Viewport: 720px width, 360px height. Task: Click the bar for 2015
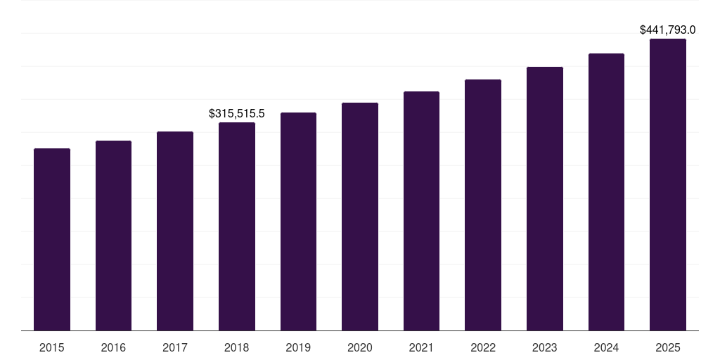[x=52, y=239]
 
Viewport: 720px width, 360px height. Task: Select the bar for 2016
[x=113, y=236]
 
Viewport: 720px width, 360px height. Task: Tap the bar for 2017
[x=175, y=231]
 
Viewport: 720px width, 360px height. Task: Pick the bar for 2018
[x=237, y=226]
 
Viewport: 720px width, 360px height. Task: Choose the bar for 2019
[x=298, y=221]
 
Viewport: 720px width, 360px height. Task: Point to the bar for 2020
[x=360, y=217]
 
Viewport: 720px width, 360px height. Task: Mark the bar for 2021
[x=421, y=211]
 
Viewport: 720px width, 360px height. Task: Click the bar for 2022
[x=483, y=205]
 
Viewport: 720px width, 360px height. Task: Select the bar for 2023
[x=545, y=198]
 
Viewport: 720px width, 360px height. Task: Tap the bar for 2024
[x=606, y=192]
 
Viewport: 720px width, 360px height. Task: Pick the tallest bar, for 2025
[x=668, y=184]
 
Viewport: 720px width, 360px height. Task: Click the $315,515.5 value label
[x=237, y=113]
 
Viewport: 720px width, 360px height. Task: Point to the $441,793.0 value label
[x=667, y=30]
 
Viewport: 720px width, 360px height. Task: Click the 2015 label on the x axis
[x=52, y=347]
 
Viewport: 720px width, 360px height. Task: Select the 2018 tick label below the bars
[x=237, y=347]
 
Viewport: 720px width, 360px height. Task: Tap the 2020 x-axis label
[x=360, y=347]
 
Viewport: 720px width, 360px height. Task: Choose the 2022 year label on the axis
[x=483, y=347]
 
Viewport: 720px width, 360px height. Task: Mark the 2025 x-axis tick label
[x=668, y=347]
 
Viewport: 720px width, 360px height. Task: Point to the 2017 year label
[x=175, y=347]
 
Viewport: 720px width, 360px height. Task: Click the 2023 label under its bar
[x=545, y=347]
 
